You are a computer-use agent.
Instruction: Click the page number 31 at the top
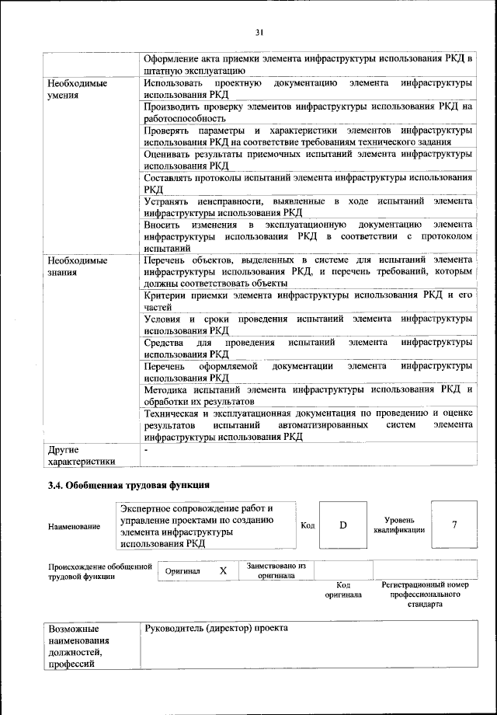click(259, 31)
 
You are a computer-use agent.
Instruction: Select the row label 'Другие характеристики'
click(81, 455)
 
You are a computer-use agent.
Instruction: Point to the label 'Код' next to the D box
click(307, 525)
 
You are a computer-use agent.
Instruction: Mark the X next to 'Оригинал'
click(223, 570)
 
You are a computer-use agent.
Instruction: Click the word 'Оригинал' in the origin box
click(183, 571)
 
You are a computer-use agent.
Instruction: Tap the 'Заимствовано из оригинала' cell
click(276, 571)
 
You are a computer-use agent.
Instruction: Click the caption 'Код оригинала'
click(343, 590)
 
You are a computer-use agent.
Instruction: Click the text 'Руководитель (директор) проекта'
click(216, 627)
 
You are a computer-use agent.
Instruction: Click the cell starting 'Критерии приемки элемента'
click(308, 301)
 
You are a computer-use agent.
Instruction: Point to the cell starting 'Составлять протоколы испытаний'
click(308, 183)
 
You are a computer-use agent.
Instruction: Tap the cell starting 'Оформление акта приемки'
click(308, 65)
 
